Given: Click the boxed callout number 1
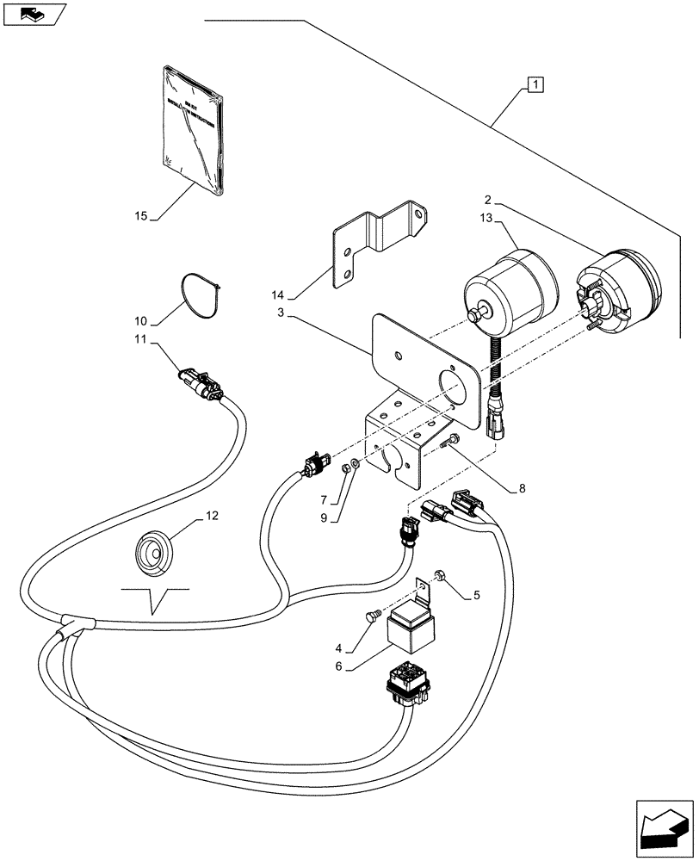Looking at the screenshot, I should [535, 84].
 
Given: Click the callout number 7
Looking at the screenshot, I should [325, 499].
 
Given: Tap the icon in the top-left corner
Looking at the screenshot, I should [33, 14].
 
